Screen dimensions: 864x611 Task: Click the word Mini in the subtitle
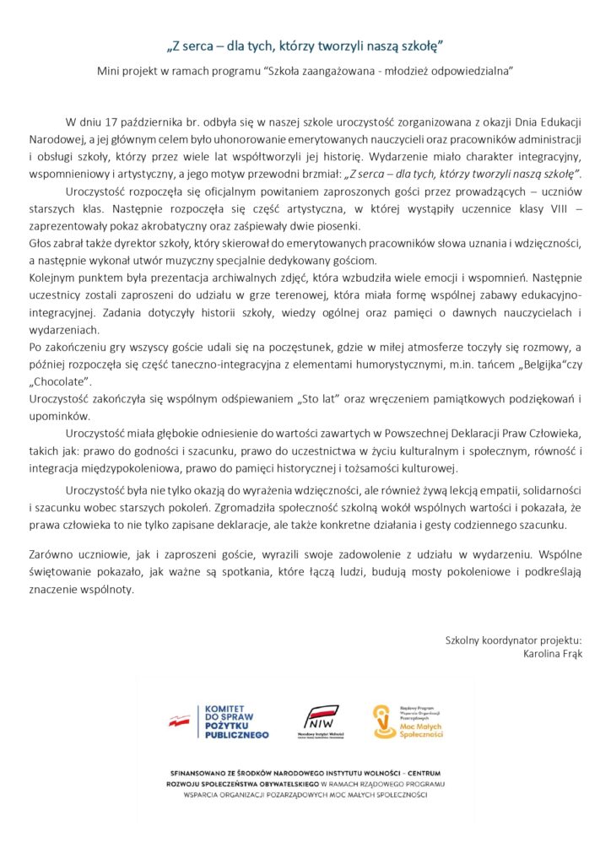coord(109,72)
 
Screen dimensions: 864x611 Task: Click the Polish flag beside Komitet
coord(179,721)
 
